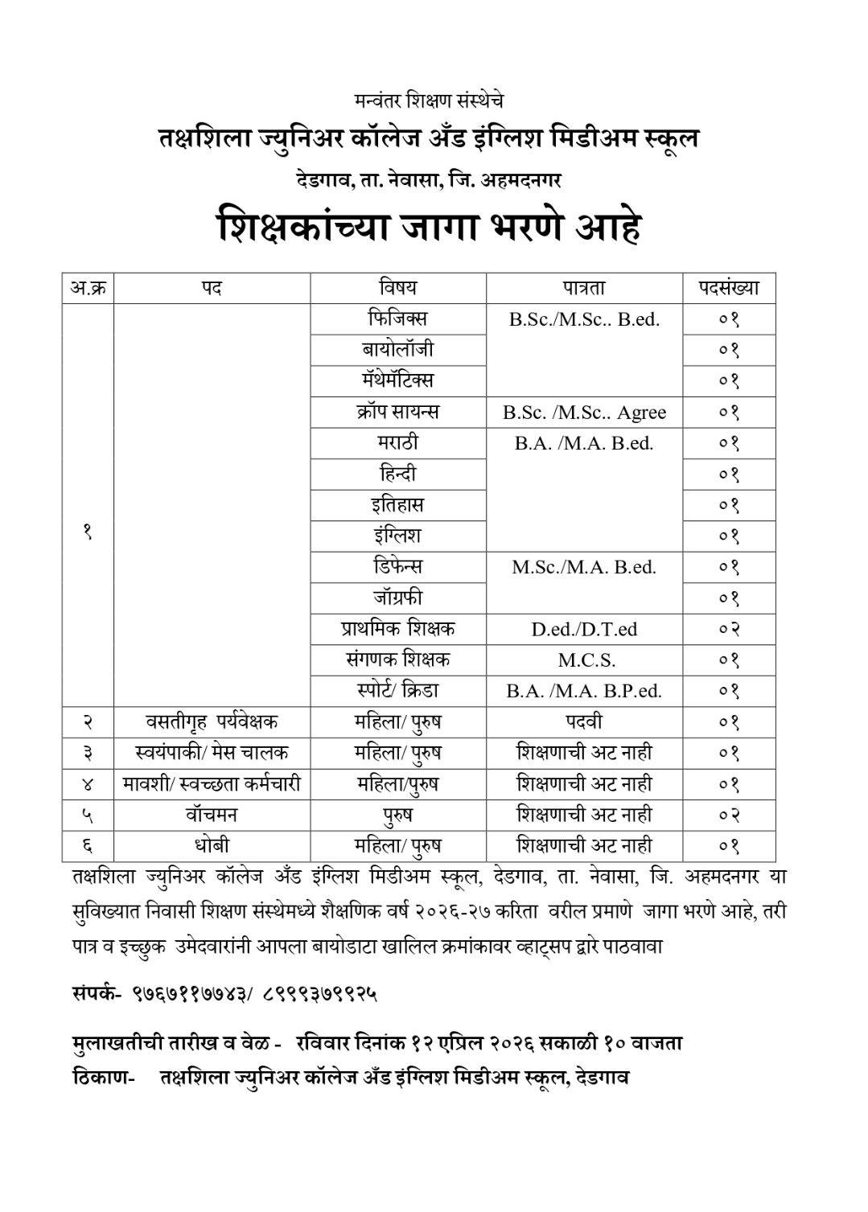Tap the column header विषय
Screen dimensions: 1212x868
pos(398,287)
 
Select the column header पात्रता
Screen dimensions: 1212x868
pos(584,288)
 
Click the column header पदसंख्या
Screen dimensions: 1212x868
pos(728,287)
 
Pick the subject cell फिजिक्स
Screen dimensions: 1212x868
pos(398,318)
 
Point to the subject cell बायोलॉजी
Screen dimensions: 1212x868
pos(398,349)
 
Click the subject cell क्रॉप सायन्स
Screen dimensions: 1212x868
pos(398,412)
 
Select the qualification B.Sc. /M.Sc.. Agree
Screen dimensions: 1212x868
pos(584,413)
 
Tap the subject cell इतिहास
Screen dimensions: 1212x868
pos(398,505)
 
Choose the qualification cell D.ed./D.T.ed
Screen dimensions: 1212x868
pos(584,629)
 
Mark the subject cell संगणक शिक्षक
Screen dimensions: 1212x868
pos(398,659)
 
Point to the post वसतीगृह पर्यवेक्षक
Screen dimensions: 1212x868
pos(212,721)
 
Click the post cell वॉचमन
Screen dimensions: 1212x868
pos(212,815)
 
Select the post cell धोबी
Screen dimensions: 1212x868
pos(212,845)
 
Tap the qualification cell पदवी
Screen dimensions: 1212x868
pos(584,721)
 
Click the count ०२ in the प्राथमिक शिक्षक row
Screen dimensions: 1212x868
pos(729,629)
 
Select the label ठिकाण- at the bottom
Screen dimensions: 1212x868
pos(103,1077)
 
